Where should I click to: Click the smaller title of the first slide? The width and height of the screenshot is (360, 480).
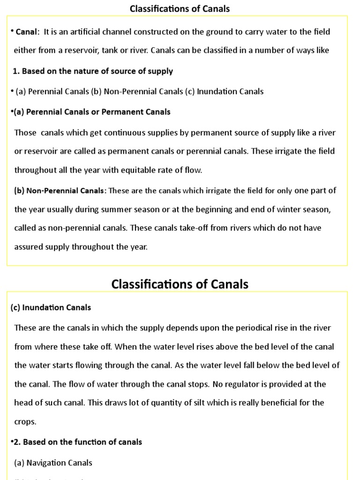pos(180,8)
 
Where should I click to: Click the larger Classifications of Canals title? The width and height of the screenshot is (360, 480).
pos(180,284)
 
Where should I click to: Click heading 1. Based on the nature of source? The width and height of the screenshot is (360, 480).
pos(93,71)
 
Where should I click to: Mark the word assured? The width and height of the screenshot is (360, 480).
pos(28,247)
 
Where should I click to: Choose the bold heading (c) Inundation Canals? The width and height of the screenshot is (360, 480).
pos(51,307)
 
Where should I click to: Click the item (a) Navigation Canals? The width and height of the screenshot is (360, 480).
pos(53,463)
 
